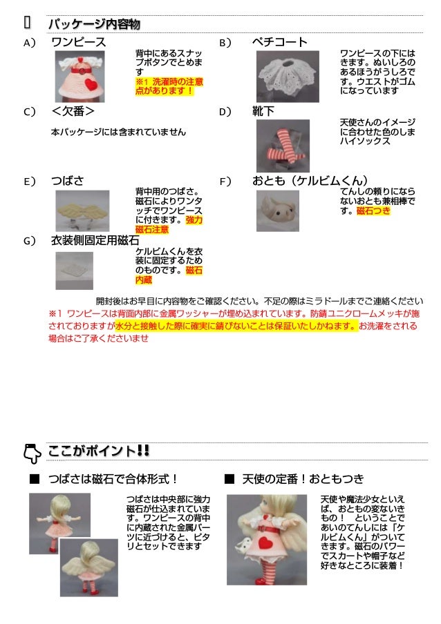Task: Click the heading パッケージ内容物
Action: click(93, 25)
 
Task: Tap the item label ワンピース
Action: click(78, 43)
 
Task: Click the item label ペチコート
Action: click(279, 43)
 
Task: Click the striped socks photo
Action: click(282, 146)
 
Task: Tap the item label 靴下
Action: click(263, 111)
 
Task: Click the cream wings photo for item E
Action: click(82, 210)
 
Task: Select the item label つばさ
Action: click(68, 181)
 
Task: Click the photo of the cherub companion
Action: click(277, 210)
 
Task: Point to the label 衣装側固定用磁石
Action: click(95, 240)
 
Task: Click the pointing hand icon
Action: click(31, 452)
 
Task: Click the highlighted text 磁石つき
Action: click(374, 211)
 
